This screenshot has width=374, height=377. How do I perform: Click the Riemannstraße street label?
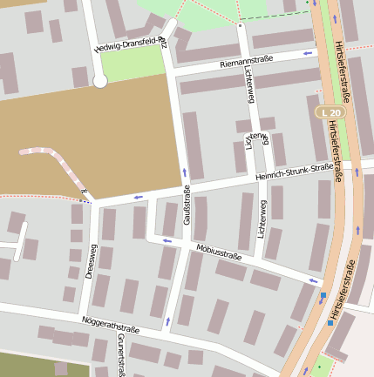[247, 60]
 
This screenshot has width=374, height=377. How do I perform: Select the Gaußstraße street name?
[187, 206]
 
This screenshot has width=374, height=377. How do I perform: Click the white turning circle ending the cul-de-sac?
[99, 81]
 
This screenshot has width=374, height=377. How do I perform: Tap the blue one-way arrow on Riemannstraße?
[306, 53]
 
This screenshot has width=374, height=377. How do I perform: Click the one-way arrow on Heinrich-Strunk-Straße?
[139, 197]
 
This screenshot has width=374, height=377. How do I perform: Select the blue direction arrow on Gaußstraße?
[185, 172]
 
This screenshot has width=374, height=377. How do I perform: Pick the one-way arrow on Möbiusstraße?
[313, 280]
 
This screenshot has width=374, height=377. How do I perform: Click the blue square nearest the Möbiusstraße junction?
[323, 295]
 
